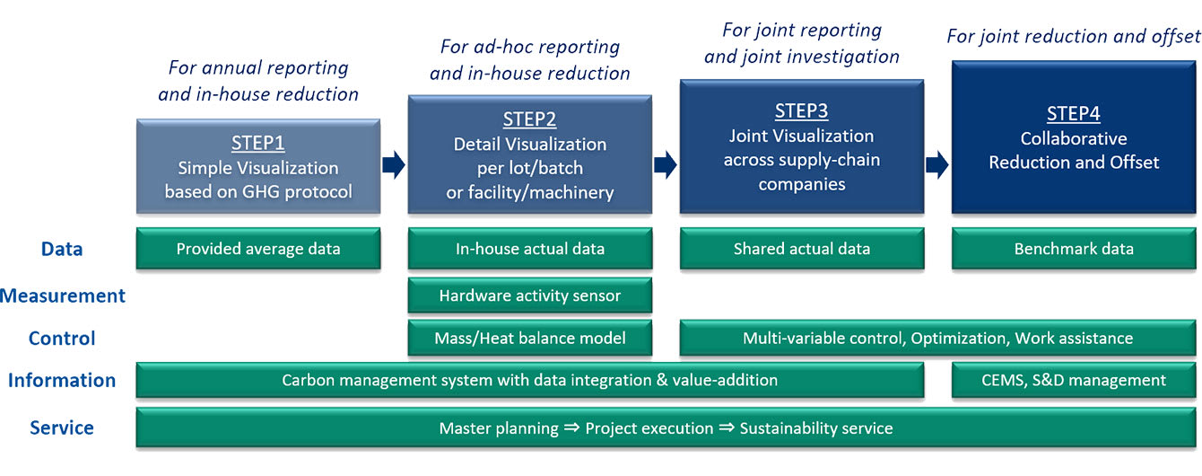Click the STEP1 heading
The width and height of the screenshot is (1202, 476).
coord(258,142)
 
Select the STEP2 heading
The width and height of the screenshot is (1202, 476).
coord(529,119)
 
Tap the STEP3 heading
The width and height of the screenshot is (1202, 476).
coord(801,110)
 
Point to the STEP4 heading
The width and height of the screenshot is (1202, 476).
coord(1073,114)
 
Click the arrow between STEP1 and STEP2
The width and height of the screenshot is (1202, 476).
coord(394,165)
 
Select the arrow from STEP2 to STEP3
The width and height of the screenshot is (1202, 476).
coord(665,164)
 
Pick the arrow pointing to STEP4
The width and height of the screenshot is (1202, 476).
coord(936,164)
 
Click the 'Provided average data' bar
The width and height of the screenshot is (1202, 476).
coord(258,249)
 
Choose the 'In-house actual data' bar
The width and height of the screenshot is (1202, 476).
coord(529,249)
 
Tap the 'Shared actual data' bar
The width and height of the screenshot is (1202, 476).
coord(801,249)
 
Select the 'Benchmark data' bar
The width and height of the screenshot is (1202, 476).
coord(1073,249)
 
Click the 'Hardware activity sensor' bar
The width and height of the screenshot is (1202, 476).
coord(529,295)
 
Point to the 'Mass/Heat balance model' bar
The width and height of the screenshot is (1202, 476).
coord(529,339)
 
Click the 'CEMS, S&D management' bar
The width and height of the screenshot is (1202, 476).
coord(1073,380)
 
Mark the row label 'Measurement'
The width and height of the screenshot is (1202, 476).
coord(64,295)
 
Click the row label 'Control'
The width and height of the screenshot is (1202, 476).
coord(62,339)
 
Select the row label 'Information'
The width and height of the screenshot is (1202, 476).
coord(62,380)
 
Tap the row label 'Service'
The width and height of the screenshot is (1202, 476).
coord(62,428)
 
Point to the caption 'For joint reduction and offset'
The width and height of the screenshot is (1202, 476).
coord(1073,36)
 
